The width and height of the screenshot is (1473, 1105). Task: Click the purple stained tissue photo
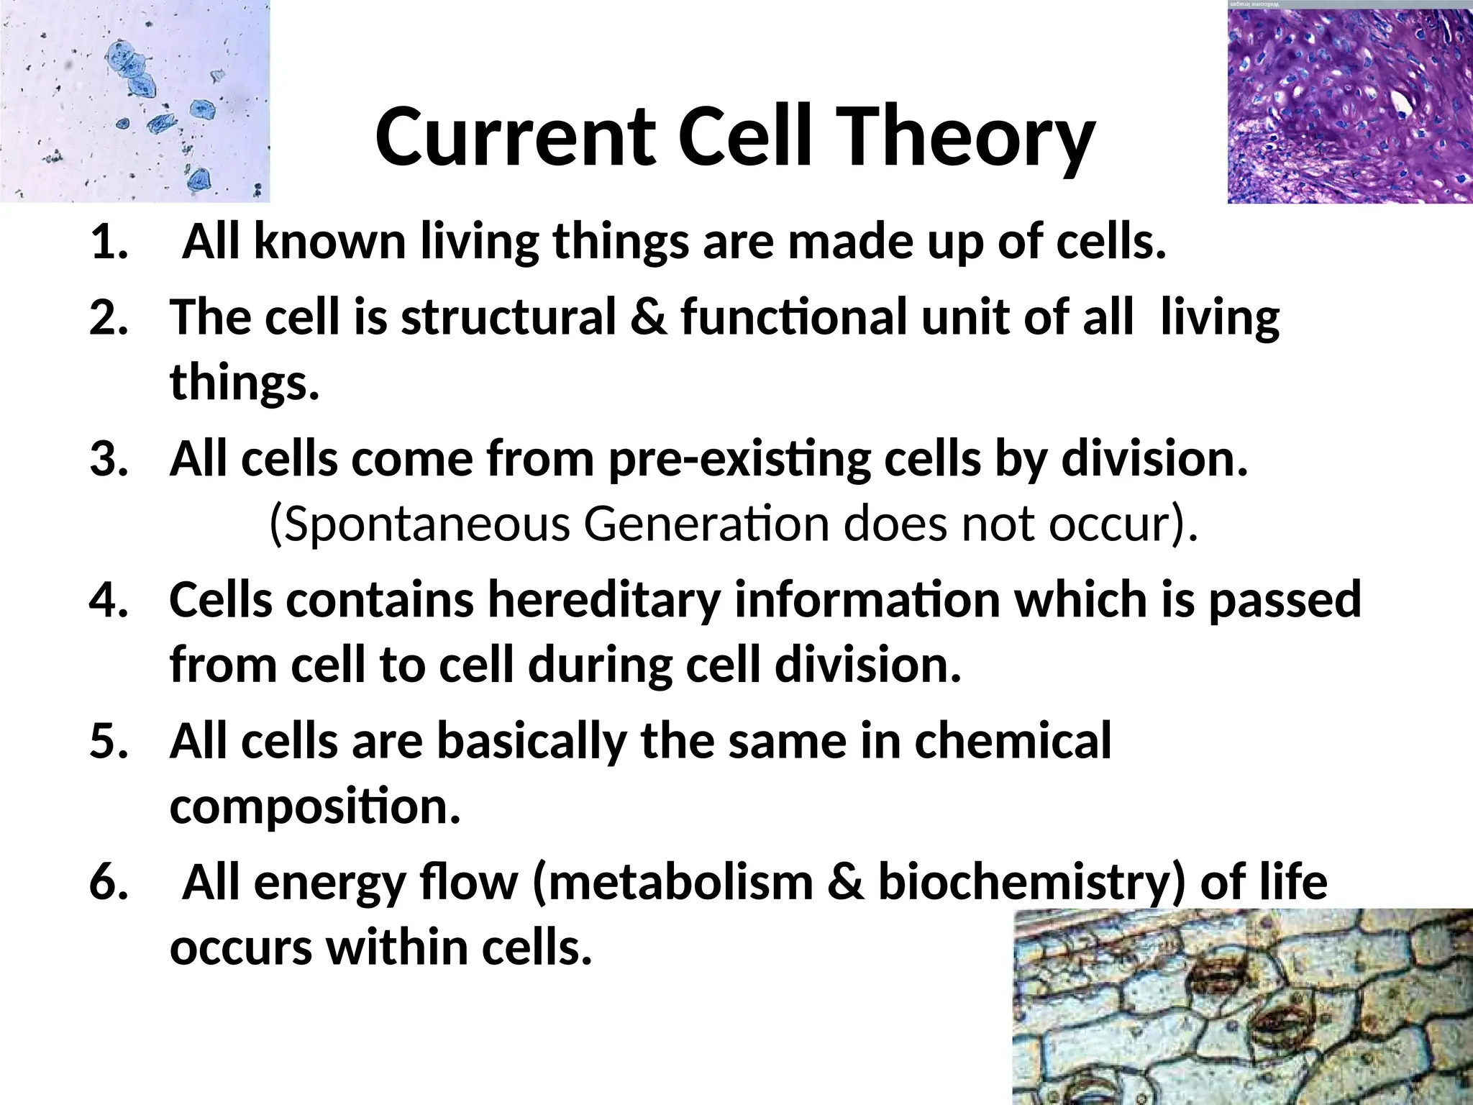[x=1349, y=102]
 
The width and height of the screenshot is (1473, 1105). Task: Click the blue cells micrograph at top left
[x=134, y=101]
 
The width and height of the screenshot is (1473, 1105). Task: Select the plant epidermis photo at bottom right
[x=1242, y=1007]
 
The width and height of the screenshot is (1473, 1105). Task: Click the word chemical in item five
[x=1012, y=742]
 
